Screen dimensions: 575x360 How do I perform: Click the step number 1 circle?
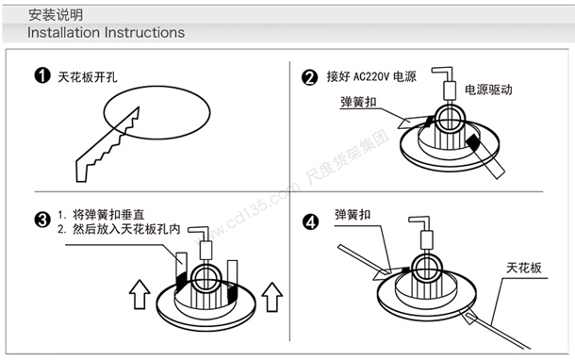coord(42,75)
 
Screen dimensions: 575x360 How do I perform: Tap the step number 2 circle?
coord(309,77)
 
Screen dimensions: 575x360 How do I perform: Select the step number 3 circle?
coord(42,220)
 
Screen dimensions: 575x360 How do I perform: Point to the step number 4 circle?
coord(310,222)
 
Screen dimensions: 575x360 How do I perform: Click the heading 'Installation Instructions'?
coord(106,32)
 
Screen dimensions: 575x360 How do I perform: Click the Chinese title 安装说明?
coord(56,15)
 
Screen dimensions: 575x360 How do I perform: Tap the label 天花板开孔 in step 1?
coord(88,77)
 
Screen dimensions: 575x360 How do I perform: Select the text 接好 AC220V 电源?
coord(371,76)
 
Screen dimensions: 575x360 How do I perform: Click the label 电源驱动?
coord(488,90)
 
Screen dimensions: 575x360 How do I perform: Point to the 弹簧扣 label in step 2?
coord(358,102)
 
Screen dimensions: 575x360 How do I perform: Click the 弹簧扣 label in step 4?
coord(353,215)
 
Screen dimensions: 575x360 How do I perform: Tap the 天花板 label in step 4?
coord(524,268)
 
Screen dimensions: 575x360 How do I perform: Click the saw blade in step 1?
coord(108,144)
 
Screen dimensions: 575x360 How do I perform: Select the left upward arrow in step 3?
coord(140,294)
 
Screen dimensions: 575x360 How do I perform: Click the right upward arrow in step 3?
coord(271,297)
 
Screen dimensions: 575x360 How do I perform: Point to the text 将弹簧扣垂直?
coord(108,215)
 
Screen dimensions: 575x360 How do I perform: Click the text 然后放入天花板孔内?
coord(126,229)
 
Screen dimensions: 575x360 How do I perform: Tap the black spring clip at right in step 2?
coord(485,155)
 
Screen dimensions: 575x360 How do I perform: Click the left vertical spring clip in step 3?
coord(181,271)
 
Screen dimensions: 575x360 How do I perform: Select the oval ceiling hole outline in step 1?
coord(156,86)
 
